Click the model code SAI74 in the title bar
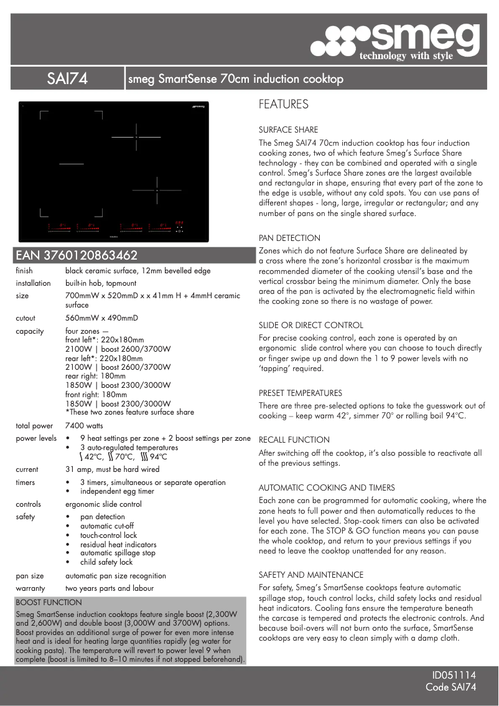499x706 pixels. [x=67, y=79]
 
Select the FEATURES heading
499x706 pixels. [x=283, y=105]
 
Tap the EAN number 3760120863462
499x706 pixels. [x=77, y=255]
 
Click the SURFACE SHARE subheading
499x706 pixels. [x=288, y=130]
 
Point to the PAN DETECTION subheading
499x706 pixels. [x=289, y=238]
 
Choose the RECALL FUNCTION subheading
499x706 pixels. [x=294, y=440]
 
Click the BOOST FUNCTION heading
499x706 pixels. [x=49, y=603]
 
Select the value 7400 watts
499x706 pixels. [x=84, y=426]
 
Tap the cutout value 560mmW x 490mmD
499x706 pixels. [x=101, y=318]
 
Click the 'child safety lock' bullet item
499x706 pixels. [x=106, y=562]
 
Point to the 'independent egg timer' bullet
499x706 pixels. [x=117, y=491]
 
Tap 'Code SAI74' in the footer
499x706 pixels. [x=450, y=687]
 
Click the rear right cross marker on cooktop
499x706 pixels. [x=136, y=137]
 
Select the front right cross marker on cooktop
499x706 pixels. [x=157, y=190]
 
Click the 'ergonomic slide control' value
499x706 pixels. [x=103, y=504]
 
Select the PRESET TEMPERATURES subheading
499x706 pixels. [x=301, y=393]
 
